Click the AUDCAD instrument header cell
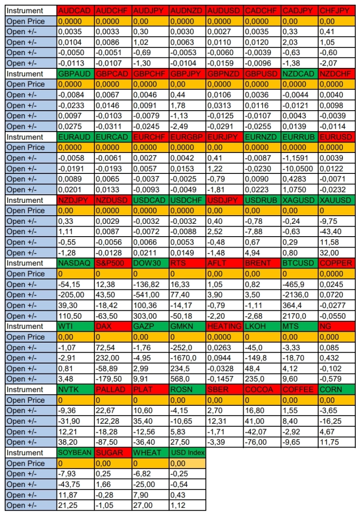pyautogui.click(x=75, y=10)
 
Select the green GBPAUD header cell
pyautogui.click(x=75, y=74)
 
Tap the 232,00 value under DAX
pyautogui.click(x=113, y=358)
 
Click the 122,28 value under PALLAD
pyautogui.click(x=113, y=421)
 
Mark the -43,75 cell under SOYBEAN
pyautogui.click(x=75, y=484)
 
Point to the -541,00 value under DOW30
pyautogui.click(x=150, y=295)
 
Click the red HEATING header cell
pyautogui.click(x=225, y=326)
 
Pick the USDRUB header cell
pyautogui.click(x=262, y=200)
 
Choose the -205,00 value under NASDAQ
pyautogui.click(x=75, y=295)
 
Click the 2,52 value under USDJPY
pyautogui.click(x=225, y=231)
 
